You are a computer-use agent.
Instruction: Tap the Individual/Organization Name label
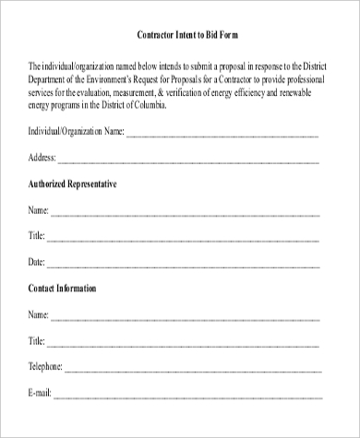[x=77, y=131]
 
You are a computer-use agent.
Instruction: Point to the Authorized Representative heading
[x=73, y=184]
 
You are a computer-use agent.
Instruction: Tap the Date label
[x=37, y=263]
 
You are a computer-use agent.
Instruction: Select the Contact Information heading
[x=63, y=289]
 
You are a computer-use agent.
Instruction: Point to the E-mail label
[x=40, y=394]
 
